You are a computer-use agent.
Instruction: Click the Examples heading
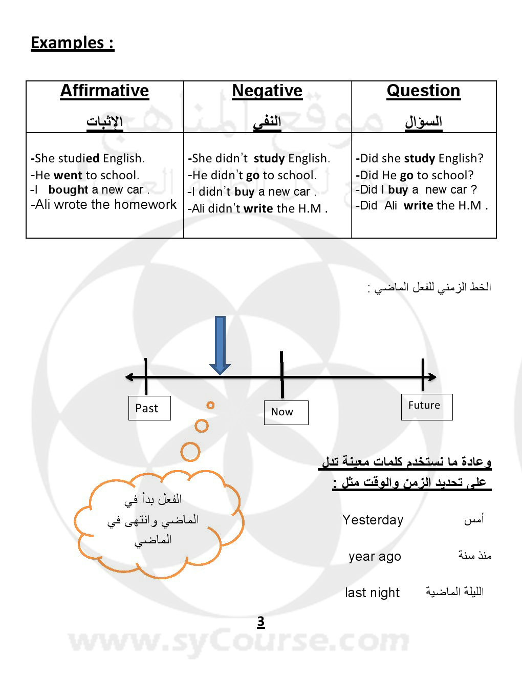[72, 43]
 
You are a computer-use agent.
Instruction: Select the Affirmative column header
[104, 91]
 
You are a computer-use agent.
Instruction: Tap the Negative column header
[267, 91]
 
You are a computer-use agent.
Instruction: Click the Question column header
[423, 91]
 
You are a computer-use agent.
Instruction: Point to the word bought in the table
[69, 189]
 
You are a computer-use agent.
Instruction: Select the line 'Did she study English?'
[420, 158]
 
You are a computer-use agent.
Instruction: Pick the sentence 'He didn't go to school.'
[252, 175]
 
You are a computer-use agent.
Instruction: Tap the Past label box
[149, 408]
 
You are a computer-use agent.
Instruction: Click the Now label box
[286, 412]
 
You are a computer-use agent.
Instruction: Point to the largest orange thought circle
[190, 452]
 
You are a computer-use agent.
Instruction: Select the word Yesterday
[373, 520]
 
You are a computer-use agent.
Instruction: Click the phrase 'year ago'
[375, 556]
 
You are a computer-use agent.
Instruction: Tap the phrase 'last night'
[372, 593]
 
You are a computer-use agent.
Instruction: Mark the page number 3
[260, 621]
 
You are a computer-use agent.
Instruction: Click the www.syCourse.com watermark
[239, 641]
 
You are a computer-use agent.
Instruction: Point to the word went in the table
[68, 175]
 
